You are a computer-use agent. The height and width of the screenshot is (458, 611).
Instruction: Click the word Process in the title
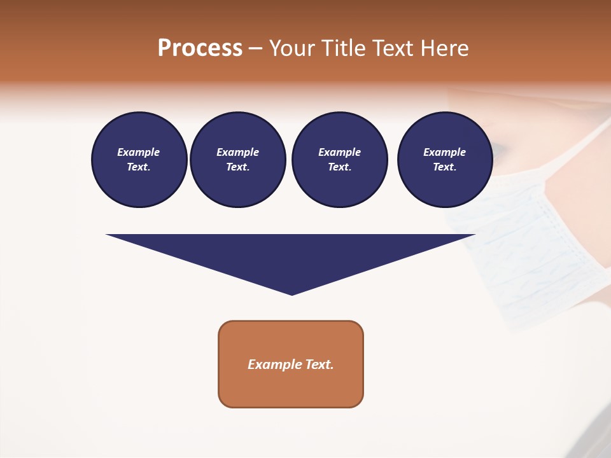[x=200, y=48]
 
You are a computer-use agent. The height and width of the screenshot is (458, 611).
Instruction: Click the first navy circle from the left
[x=139, y=160]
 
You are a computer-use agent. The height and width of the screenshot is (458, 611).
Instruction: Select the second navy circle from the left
[x=237, y=160]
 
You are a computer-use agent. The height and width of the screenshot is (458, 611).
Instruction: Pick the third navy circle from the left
[x=339, y=160]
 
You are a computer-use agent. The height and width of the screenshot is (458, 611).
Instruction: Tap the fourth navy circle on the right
[x=444, y=160]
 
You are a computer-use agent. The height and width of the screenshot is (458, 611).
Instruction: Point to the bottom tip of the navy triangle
[x=291, y=294]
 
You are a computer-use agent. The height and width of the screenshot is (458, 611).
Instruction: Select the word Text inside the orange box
[x=320, y=364]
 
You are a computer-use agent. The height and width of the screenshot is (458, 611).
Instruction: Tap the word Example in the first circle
[x=139, y=152]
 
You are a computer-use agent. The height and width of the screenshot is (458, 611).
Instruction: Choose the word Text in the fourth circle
[x=444, y=167]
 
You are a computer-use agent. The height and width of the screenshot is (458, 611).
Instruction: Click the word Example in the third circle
[x=339, y=152]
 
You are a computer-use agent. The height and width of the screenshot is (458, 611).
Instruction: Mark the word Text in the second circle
[x=237, y=167]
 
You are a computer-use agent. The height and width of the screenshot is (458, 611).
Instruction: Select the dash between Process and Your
[x=255, y=49]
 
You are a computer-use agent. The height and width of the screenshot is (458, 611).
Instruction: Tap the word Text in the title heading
[x=392, y=48]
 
